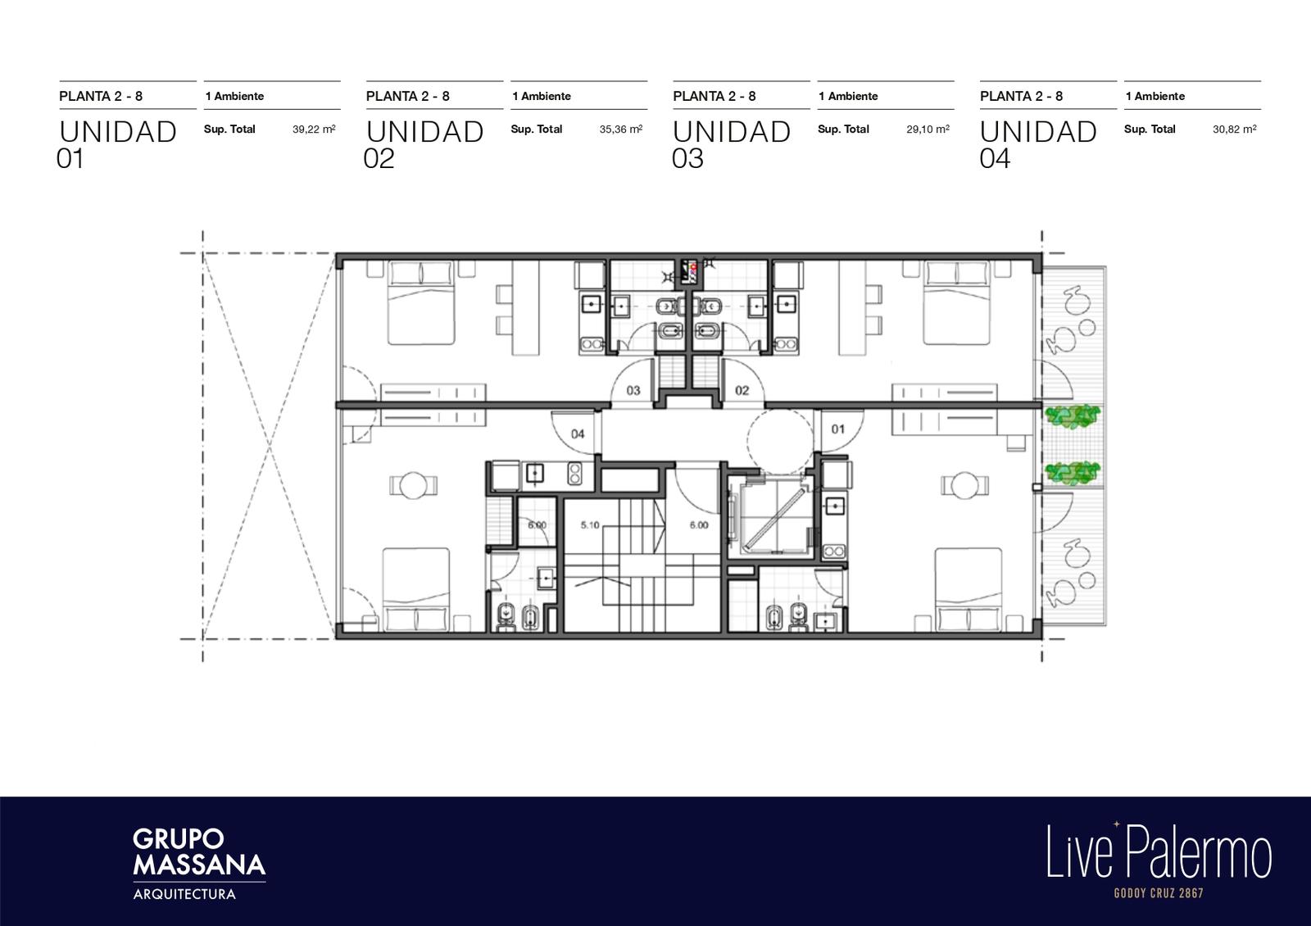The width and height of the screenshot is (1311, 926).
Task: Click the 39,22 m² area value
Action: (x=314, y=129)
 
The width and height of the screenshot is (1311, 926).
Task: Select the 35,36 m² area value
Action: (x=621, y=129)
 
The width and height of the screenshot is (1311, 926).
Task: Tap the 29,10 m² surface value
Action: (x=928, y=129)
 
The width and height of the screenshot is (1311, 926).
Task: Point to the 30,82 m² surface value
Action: (x=1234, y=129)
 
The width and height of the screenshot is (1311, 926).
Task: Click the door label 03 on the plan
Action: (x=633, y=390)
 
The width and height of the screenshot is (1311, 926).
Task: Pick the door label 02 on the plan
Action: (x=742, y=390)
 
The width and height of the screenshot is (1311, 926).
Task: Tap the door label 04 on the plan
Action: (x=578, y=433)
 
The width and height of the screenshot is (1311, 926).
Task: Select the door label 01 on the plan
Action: (x=838, y=429)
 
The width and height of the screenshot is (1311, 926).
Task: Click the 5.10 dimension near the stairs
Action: (x=590, y=525)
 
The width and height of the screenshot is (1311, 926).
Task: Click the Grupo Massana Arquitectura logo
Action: (x=199, y=864)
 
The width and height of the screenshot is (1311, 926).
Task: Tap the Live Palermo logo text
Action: (x=1159, y=851)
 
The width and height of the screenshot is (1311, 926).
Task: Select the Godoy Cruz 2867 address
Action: (x=1159, y=893)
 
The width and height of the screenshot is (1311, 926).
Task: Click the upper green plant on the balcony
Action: (x=1073, y=416)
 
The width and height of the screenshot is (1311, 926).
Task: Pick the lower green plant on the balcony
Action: (x=1073, y=473)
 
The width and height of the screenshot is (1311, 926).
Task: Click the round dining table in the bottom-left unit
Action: (x=414, y=485)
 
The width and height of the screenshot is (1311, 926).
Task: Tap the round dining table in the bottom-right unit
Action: (x=965, y=485)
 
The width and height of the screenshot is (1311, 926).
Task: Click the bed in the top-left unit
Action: (x=421, y=302)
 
